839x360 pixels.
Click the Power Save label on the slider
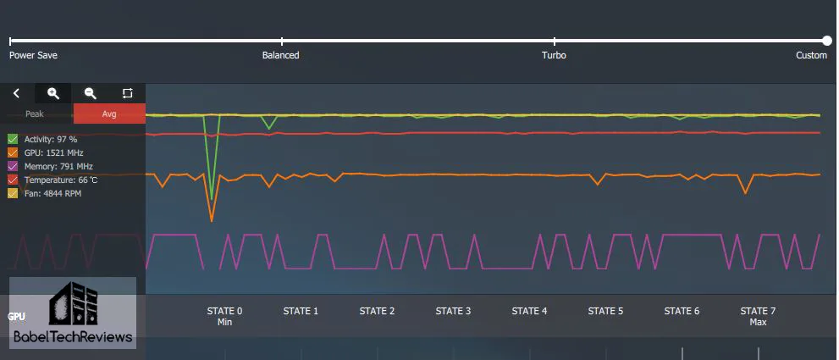click(33, 55)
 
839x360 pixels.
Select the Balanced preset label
click(280, 55)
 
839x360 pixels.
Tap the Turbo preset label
click(554, 55)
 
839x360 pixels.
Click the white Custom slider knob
click(826, 40)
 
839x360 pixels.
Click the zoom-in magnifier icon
click(53, 93)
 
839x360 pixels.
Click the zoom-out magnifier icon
click(91, 93)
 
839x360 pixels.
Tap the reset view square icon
click(127, 93)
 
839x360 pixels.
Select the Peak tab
click(35, 114)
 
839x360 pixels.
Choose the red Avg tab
click(109, 114)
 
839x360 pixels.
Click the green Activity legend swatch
click(13, 139)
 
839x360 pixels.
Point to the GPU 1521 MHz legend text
click(53, 152)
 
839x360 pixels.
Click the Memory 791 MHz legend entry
click(58, 167)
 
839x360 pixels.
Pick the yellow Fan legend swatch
click(13, 194)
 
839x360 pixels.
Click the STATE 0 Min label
click(224, 316)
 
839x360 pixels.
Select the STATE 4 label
click(529, 311)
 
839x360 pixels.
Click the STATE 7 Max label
click(758, 316)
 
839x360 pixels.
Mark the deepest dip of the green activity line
click(212, 199)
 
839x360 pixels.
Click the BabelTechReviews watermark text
click(73, 337)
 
